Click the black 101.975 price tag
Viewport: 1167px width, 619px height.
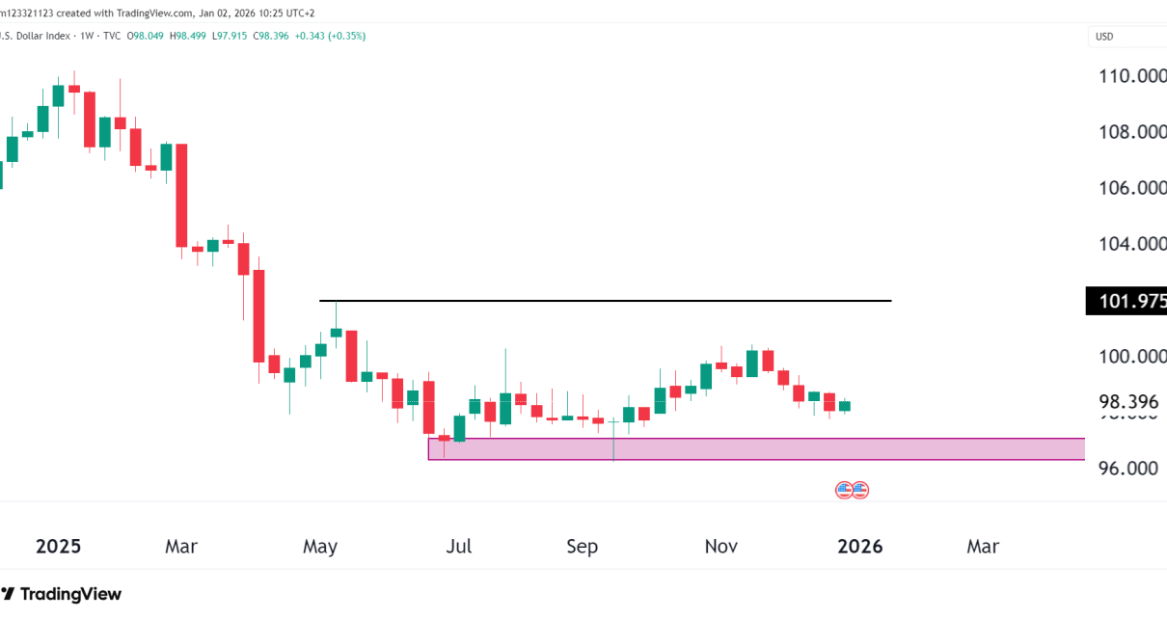click(1126, 302)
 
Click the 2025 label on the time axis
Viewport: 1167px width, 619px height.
click(58, 547)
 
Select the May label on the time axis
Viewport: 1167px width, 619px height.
click(320, 547)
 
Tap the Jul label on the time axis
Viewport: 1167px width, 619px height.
click(459, 547)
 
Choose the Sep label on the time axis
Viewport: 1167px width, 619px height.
click(582, 547)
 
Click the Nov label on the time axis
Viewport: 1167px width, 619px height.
click(721, 547)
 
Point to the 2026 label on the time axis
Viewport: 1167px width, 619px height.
click(859, 547)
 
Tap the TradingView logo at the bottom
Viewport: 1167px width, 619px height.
click(63, 594)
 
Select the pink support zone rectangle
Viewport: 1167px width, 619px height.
click(756, 449)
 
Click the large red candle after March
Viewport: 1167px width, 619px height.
click(180, 195)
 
